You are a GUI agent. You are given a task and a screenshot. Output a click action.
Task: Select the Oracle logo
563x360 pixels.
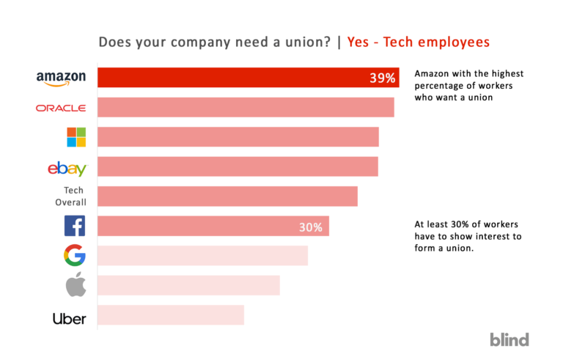61,108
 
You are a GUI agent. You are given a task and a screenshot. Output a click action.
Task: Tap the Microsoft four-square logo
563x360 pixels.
76,137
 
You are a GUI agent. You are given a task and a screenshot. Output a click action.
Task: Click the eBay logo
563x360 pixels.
67,169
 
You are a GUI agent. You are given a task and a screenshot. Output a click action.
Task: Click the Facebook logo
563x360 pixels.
75,226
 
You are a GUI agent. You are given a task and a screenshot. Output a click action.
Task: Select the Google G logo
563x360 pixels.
75,256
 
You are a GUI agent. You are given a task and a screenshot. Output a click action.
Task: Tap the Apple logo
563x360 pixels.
76,285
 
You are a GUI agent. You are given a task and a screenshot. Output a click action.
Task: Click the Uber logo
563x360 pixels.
69,318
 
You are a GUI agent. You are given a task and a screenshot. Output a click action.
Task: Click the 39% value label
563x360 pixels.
382,78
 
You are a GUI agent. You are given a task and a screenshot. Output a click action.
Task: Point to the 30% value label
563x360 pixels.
310,227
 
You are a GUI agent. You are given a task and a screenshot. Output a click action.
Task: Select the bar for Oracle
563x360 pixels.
246,108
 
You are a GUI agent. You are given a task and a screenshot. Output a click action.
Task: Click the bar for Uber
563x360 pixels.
171,315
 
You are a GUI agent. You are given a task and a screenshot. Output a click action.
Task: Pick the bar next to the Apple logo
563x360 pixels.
188,285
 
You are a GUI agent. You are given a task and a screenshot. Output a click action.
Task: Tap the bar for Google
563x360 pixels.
202,256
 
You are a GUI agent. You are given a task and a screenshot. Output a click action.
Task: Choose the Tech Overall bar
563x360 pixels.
227,196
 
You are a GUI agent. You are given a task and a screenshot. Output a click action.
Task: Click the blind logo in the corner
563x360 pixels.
509,339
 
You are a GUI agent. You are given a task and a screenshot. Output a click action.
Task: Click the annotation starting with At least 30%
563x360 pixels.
468,237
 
